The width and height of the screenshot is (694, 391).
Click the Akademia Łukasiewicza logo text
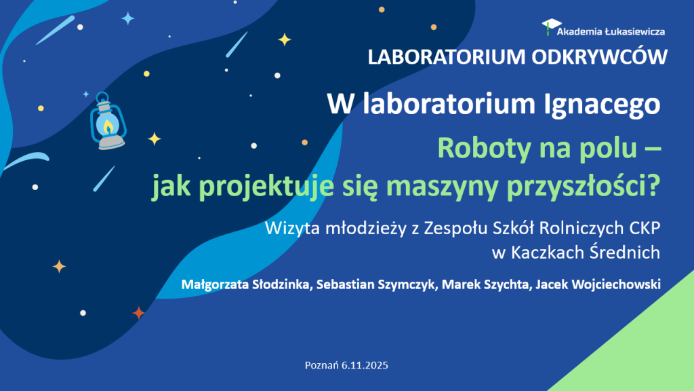coord(610,31)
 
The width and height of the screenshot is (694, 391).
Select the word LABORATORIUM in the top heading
coord(443,58)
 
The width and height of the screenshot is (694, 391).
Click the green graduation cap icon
coord(548,27)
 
